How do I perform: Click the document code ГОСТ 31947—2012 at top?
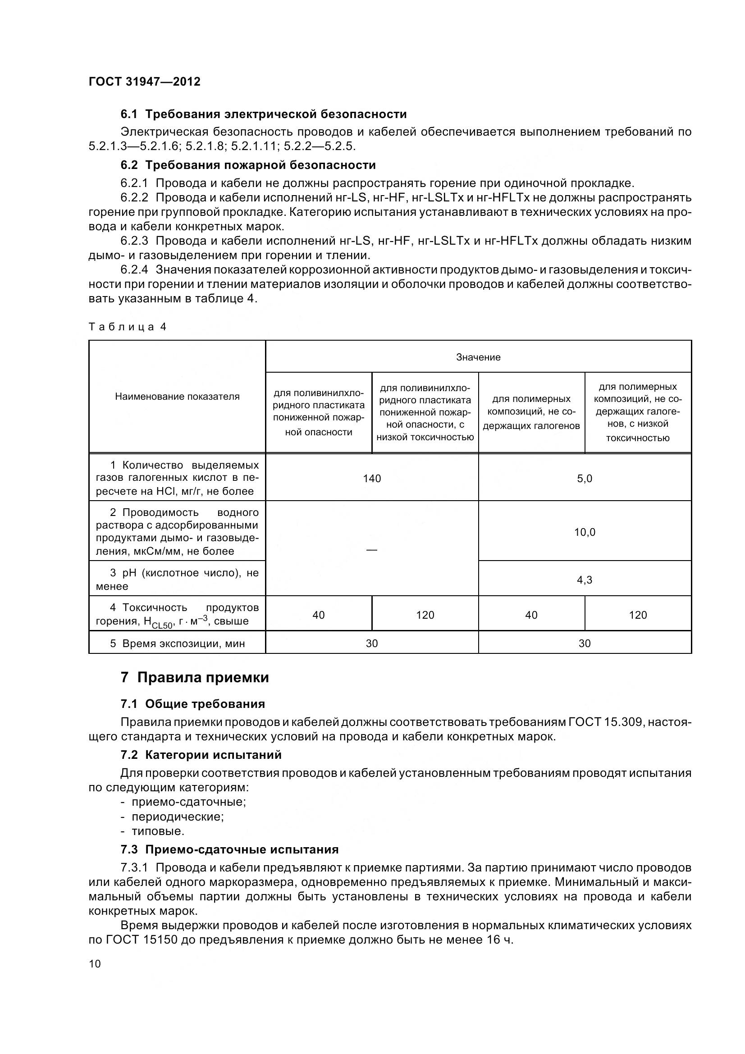coord(144,82)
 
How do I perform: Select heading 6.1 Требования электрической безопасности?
coord(264,114)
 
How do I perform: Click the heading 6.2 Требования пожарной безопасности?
coord(248,165)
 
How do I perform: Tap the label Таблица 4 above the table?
coord(127,327)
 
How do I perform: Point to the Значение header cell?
coord(478,357)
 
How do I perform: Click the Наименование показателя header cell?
coord(177,397)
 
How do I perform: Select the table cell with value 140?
coord(372,479)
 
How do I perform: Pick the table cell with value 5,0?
coord(585,479)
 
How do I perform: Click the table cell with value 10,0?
coord(585,532)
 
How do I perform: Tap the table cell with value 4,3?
coord(585,580)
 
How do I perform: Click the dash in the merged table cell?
coord(372,549)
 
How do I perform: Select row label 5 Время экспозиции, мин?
coord(177,643)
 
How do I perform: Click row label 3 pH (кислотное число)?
coord(177,579)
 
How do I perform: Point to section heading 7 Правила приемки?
coord(195,678)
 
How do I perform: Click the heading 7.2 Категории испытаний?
coord(201,755)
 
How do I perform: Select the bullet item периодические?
coord(178,817)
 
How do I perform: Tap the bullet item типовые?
coord(158,831)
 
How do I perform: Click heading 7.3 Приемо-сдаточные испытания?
coord(229,849)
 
